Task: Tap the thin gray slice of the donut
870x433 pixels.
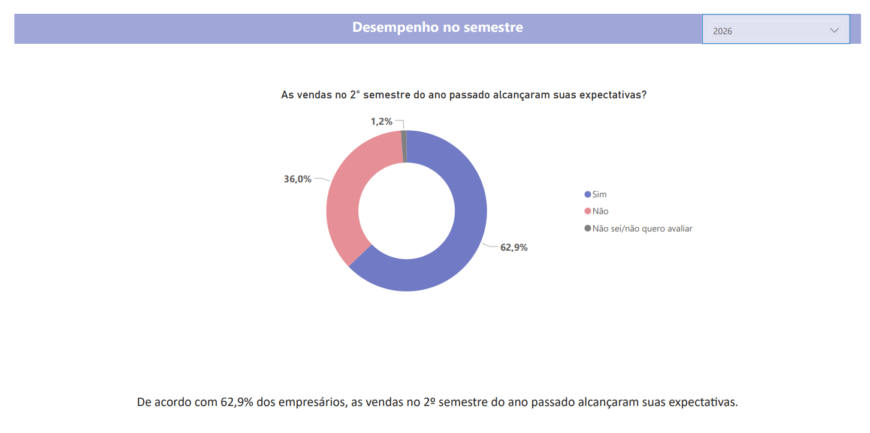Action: coord(404,146)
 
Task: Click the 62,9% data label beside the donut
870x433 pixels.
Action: coord(513,247)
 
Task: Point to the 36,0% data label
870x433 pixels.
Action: coord(297,179)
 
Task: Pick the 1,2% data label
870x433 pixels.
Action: coord(381,121)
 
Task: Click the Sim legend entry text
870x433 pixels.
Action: coord(599,194)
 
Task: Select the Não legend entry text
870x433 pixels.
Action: coord(600,211)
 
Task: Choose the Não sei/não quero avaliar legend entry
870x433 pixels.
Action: coord(642,228)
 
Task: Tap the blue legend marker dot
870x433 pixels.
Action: coord(588,194)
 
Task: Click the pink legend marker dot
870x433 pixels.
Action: coord(588,211)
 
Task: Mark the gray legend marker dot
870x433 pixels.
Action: coord(588,228)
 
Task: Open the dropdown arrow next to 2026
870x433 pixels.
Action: coord(835,31)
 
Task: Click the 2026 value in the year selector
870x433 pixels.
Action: coord(723,31)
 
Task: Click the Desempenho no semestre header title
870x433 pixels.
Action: coord(437,28)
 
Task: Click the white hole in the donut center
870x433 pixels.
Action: coord(407,211)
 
